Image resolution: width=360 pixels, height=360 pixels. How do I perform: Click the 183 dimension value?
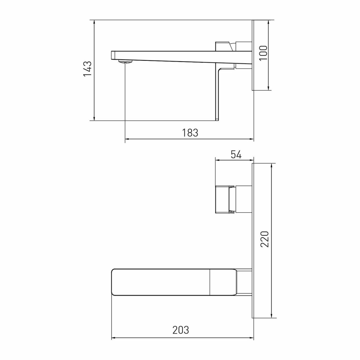190,132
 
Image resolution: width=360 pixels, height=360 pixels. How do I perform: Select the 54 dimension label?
235,155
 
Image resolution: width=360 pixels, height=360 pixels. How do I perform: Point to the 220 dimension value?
265,239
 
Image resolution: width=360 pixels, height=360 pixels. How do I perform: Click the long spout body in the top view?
162,282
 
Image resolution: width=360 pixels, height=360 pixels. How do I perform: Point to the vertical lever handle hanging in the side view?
217,94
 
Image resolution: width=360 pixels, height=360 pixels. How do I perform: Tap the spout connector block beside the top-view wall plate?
244,282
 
